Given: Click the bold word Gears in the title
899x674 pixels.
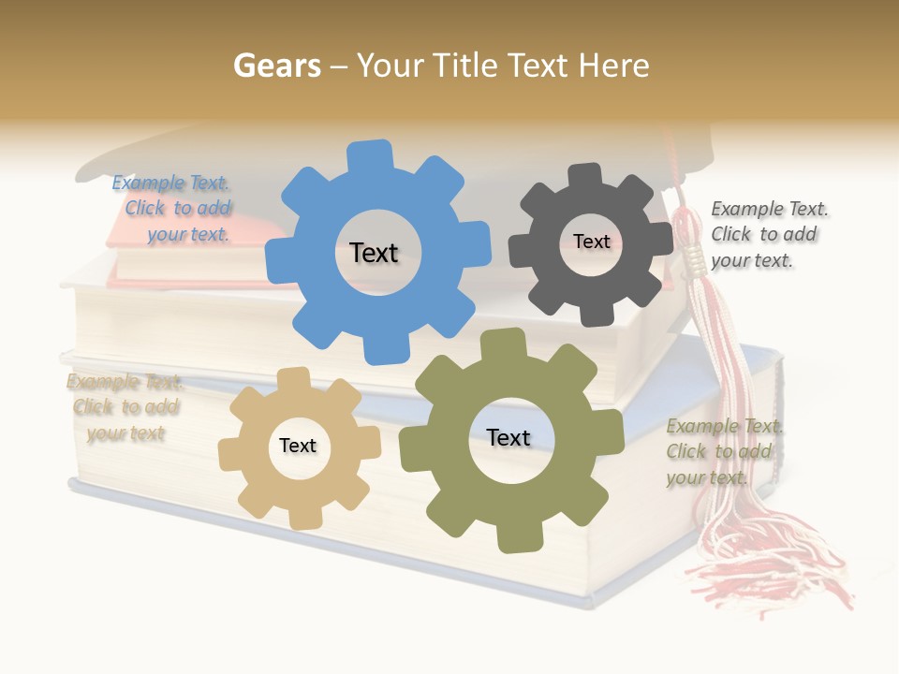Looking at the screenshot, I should (x=276, y=65).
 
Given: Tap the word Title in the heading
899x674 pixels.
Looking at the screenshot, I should (x=467, y=65).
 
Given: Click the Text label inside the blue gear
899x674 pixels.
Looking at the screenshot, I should (x=374, y=253).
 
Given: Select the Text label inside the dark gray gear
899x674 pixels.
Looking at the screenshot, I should (x=591, y=242).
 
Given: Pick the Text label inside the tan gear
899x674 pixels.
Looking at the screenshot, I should (x=298, y=446).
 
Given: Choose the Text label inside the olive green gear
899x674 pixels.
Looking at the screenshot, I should (x=508, y=437).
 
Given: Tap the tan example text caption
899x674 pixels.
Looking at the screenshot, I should (x=125, y=407).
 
